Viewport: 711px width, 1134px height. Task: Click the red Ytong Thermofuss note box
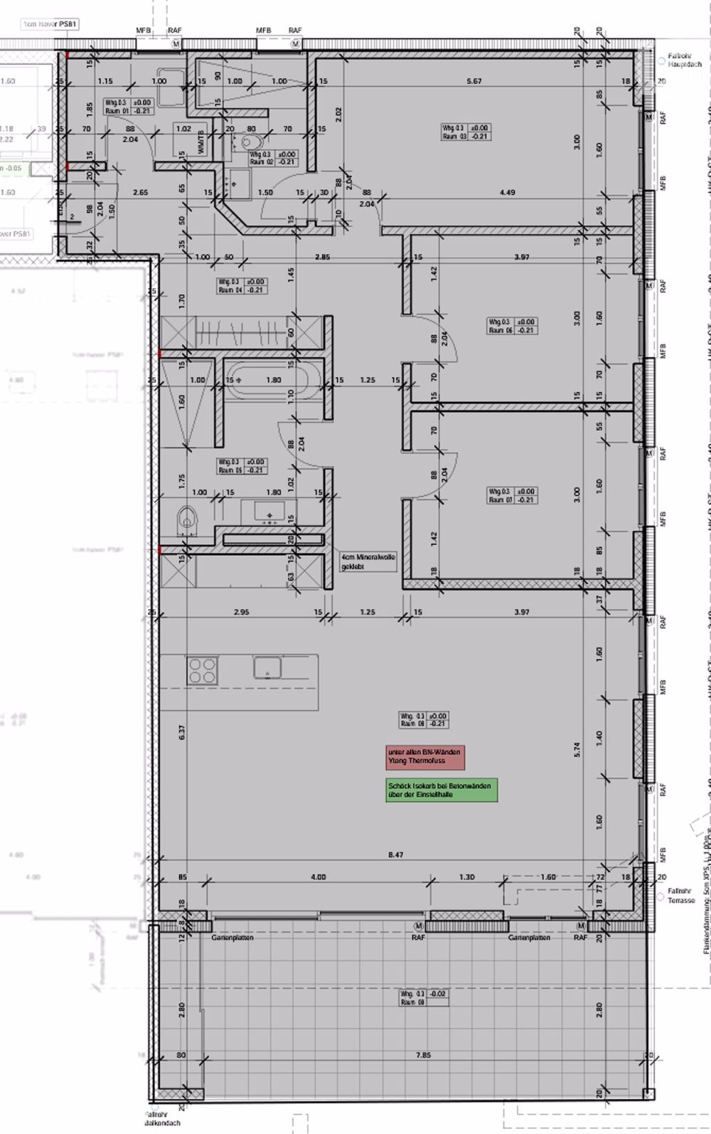click(425, 757)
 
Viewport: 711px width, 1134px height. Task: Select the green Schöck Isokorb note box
click(439, 790)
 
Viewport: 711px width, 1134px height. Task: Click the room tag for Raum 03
click(465, 132)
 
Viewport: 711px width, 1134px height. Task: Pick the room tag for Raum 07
click(512, 495)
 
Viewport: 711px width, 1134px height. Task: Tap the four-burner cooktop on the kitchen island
click(202, 670)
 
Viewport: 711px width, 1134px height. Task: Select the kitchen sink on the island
click(267, 667)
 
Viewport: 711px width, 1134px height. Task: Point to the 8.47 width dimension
click(395, 854)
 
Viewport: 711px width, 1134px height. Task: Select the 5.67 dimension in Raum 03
click(474, 81)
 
